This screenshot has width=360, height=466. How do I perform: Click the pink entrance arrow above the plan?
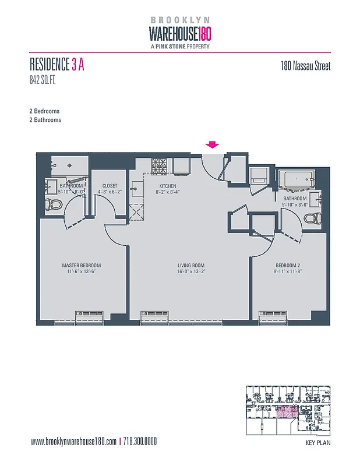pos(213,145)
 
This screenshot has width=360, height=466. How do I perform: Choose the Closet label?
pos(109,186)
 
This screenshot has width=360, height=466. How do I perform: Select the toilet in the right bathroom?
pos(312,219)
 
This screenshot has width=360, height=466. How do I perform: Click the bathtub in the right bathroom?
pos(297,179)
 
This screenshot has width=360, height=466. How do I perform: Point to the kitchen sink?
pos(137,188)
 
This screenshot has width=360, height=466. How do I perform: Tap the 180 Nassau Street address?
pos(305,66)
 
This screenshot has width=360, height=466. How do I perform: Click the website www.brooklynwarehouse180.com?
pos(72,442)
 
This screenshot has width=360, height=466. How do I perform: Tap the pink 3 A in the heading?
pos(78,65)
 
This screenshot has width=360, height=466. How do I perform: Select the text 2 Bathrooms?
pos(45,120)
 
